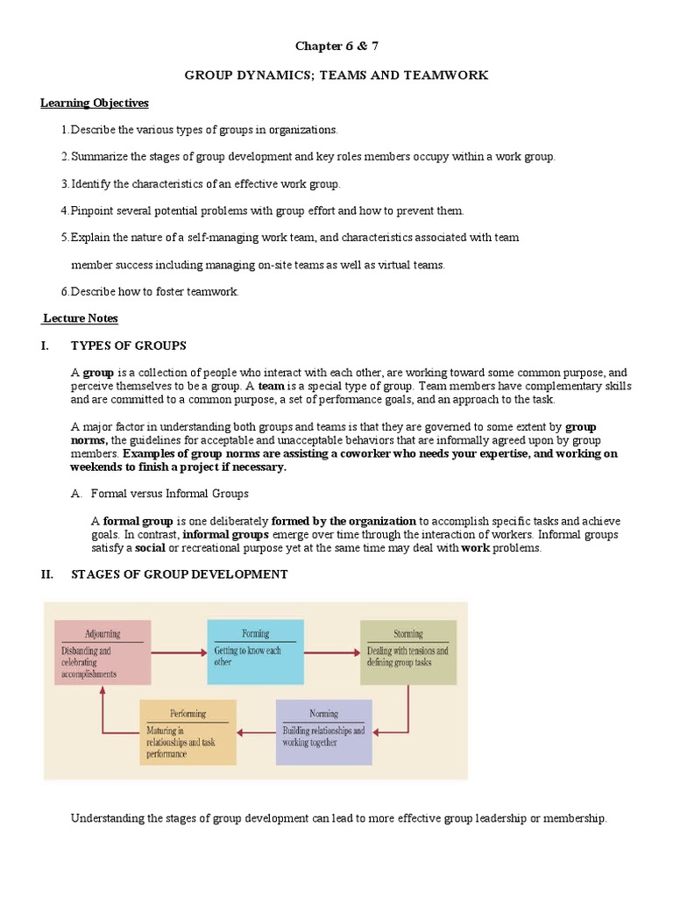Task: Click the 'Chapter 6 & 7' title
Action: [x=336, y=46]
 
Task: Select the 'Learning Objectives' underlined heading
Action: [x=95, y=103]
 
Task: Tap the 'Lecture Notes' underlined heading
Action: [x=81, y=318]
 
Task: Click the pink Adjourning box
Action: [x=103, y=652]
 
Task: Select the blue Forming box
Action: [x=255, y=652]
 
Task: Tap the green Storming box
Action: [x=407, y=652]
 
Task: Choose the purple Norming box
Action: [x=323, y=731]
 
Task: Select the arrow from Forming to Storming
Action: [x=331, y=652]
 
